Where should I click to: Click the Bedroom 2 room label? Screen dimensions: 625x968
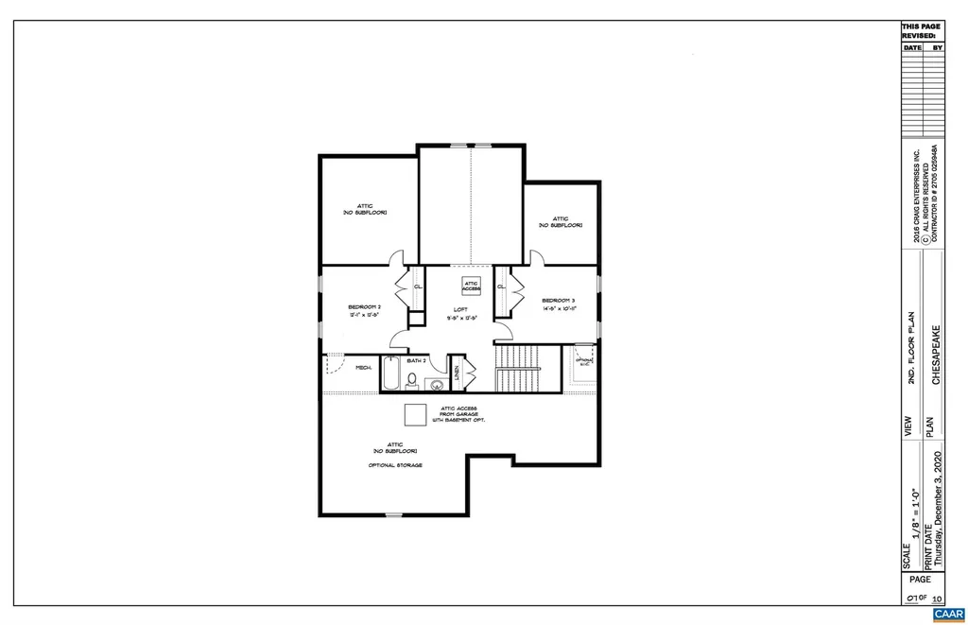(364, 307)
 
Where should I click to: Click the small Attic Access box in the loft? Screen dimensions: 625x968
(471, 285)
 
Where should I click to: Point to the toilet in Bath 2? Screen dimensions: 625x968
(412, 381)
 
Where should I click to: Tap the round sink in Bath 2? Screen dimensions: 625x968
(437, 383)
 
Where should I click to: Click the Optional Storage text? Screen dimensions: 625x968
(395, 466)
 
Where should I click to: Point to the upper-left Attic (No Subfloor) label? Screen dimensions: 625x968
(364, 209)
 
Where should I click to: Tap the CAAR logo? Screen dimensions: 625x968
(948, 615)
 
